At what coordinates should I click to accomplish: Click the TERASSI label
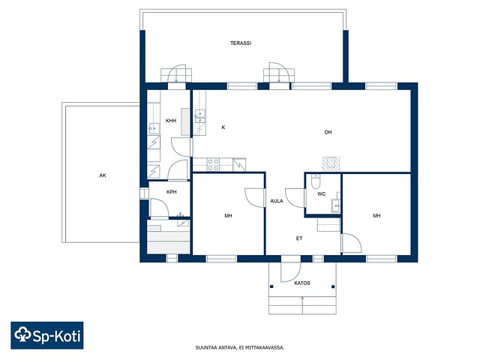pos(241,43)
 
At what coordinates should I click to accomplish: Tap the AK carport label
pos(103,175)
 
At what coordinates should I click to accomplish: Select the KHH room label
pos(171,121)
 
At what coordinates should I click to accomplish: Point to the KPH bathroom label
pos(172,192)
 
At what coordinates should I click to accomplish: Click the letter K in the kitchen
pos(223,127)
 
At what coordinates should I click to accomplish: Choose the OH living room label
pos(328,132)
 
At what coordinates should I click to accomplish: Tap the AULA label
pos(277,201)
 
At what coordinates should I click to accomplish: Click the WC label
pos(322,193)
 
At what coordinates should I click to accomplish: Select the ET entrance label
pos(299,238)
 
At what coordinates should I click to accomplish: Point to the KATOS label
pos(302,283)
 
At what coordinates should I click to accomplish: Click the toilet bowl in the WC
pos(315,181)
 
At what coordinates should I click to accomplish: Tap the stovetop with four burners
pos(213,164)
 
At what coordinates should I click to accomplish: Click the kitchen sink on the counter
pos(200,116)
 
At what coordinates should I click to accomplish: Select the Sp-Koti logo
pos(47,335)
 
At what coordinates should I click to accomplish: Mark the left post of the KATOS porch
pos(271,286)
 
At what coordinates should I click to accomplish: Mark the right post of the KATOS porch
pos(333,286)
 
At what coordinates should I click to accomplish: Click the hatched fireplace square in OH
pos(331,164)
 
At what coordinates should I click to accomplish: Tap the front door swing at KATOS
pos(291,272)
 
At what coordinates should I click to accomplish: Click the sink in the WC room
pos(336,205)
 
